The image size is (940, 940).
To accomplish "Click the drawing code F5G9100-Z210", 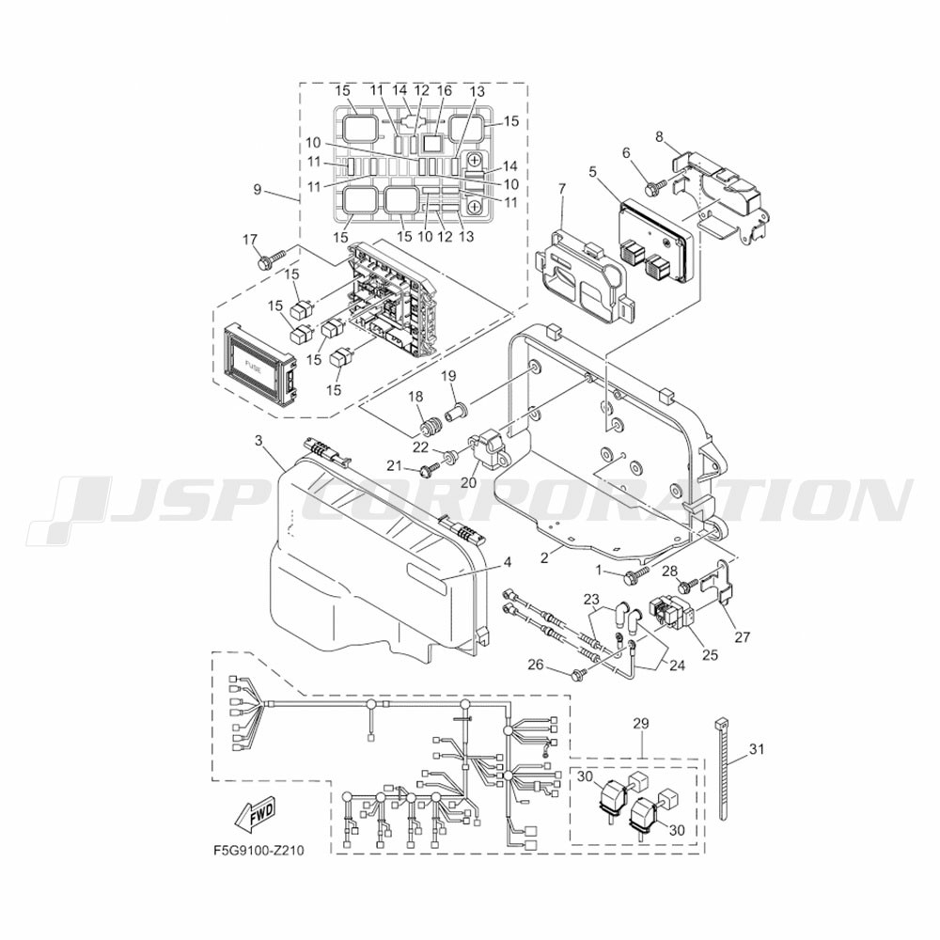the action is (258, 851).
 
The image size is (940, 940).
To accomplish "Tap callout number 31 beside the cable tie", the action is (757, 749).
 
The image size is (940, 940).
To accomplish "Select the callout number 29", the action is (641, 724).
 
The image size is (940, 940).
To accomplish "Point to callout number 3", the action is (258, 441).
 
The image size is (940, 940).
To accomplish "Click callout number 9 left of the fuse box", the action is (258, 190).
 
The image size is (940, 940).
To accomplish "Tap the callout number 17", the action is (250, 241).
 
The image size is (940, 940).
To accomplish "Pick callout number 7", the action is (562, 190).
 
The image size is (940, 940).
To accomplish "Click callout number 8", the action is (659, 136).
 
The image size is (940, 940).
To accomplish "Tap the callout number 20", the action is (468, 481).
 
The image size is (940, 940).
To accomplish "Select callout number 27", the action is (743, 636).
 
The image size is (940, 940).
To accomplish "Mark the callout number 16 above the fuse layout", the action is (445, 91).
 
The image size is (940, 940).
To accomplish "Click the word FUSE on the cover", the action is (252, 365).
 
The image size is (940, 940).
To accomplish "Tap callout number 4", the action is (508, 563).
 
